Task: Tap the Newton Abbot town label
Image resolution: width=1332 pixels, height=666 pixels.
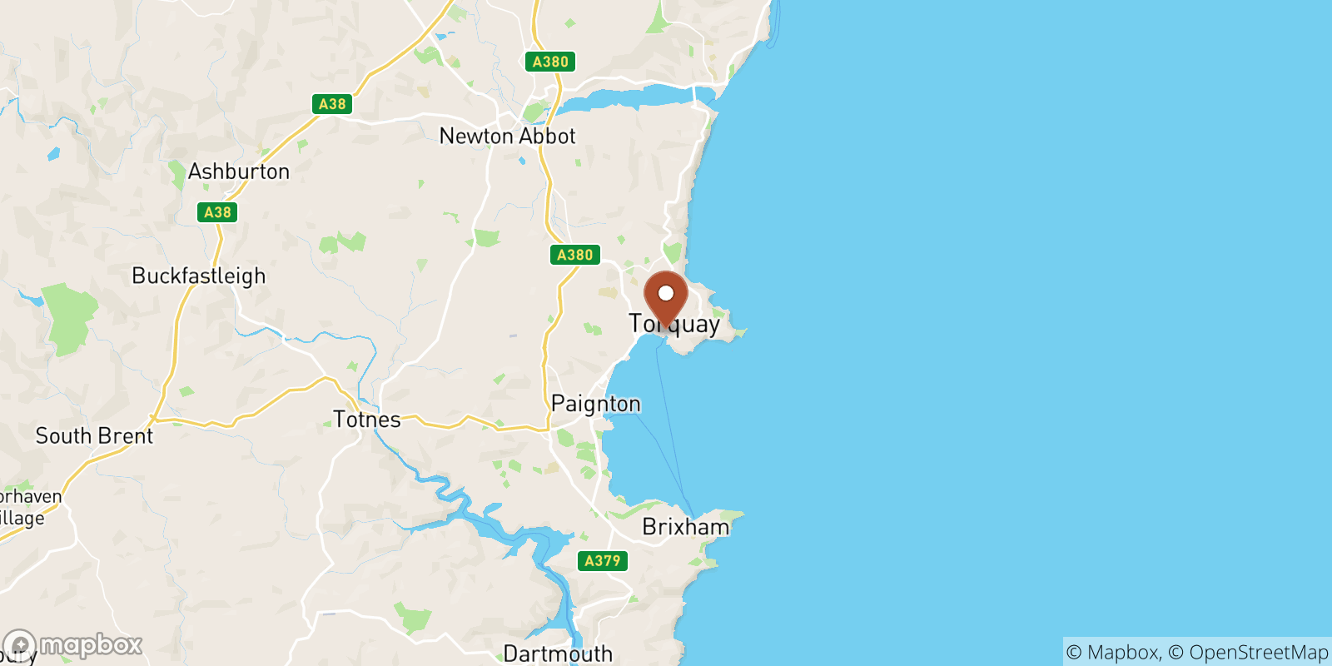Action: tap(507, 136)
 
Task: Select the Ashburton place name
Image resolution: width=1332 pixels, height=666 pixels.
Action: tap(239, 171)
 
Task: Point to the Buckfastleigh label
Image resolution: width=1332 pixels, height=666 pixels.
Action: tap(199, 276)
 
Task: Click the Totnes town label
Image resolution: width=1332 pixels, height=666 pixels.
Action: tap(366, 420)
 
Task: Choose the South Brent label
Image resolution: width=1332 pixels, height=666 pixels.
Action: tap(94, 435)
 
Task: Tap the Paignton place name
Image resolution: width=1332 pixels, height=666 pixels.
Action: tap(595, 404)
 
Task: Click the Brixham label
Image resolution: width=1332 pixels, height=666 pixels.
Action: tap(685, 527)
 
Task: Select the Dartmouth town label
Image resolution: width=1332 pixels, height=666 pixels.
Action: tap(558, 654)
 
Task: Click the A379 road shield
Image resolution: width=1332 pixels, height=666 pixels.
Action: tap(602, 560)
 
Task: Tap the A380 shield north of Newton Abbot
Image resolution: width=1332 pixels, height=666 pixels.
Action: tap(550, 62)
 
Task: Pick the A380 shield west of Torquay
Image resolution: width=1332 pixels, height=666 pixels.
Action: tap(574, 255)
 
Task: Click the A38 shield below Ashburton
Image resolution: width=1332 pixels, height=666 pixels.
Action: tap(218, 212)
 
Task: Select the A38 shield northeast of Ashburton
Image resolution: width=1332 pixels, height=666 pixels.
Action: tap(332, 104)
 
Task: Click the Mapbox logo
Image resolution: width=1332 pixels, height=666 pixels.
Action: tap(73, 645)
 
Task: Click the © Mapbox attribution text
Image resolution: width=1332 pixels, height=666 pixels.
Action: tap(1112, 653)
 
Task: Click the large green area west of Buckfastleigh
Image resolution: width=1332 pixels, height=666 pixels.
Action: tap(70, 316)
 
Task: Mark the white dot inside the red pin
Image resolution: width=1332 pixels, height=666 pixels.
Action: tap(666, 293)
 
